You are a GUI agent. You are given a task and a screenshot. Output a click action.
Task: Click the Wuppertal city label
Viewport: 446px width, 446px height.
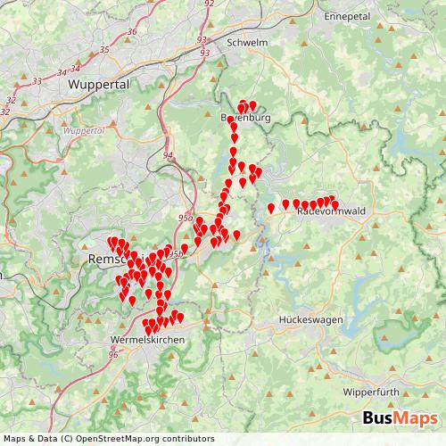pyautogui.click(x=98, y=84)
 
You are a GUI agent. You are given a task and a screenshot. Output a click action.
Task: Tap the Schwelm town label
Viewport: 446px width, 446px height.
pyautogui.click(x=248, y=42)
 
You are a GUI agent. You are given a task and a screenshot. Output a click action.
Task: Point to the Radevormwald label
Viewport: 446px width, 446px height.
pyautogui.click(x=326, y=212)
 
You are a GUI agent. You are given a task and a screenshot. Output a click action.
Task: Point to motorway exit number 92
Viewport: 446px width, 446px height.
pyautogui.click(x=210, y=4)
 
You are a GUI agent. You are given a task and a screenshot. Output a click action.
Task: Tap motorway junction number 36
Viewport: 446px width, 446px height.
pyautogui.click(x=132, y=32)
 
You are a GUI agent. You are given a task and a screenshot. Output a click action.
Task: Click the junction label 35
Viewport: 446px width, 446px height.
pyautogui.click(x=104, y=49)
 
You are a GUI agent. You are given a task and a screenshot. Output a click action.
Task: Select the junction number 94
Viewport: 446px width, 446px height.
pyautogui.click(x=168, y=155)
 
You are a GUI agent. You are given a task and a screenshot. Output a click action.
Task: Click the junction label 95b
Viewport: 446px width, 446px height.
pyautogui.click(x=177, y=254)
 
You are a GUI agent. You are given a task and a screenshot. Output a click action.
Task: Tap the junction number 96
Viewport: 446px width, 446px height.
pyautogui.click(x=113, y=355)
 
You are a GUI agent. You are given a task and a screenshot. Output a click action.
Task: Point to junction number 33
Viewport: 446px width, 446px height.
pyautogui.click(x=37, y=81)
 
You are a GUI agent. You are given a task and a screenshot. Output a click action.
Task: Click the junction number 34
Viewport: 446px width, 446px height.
pyautogui.click(x=63, y=72)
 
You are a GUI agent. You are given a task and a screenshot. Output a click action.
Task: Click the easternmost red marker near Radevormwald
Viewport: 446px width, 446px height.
pyautogui.click(x=335, y=204)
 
